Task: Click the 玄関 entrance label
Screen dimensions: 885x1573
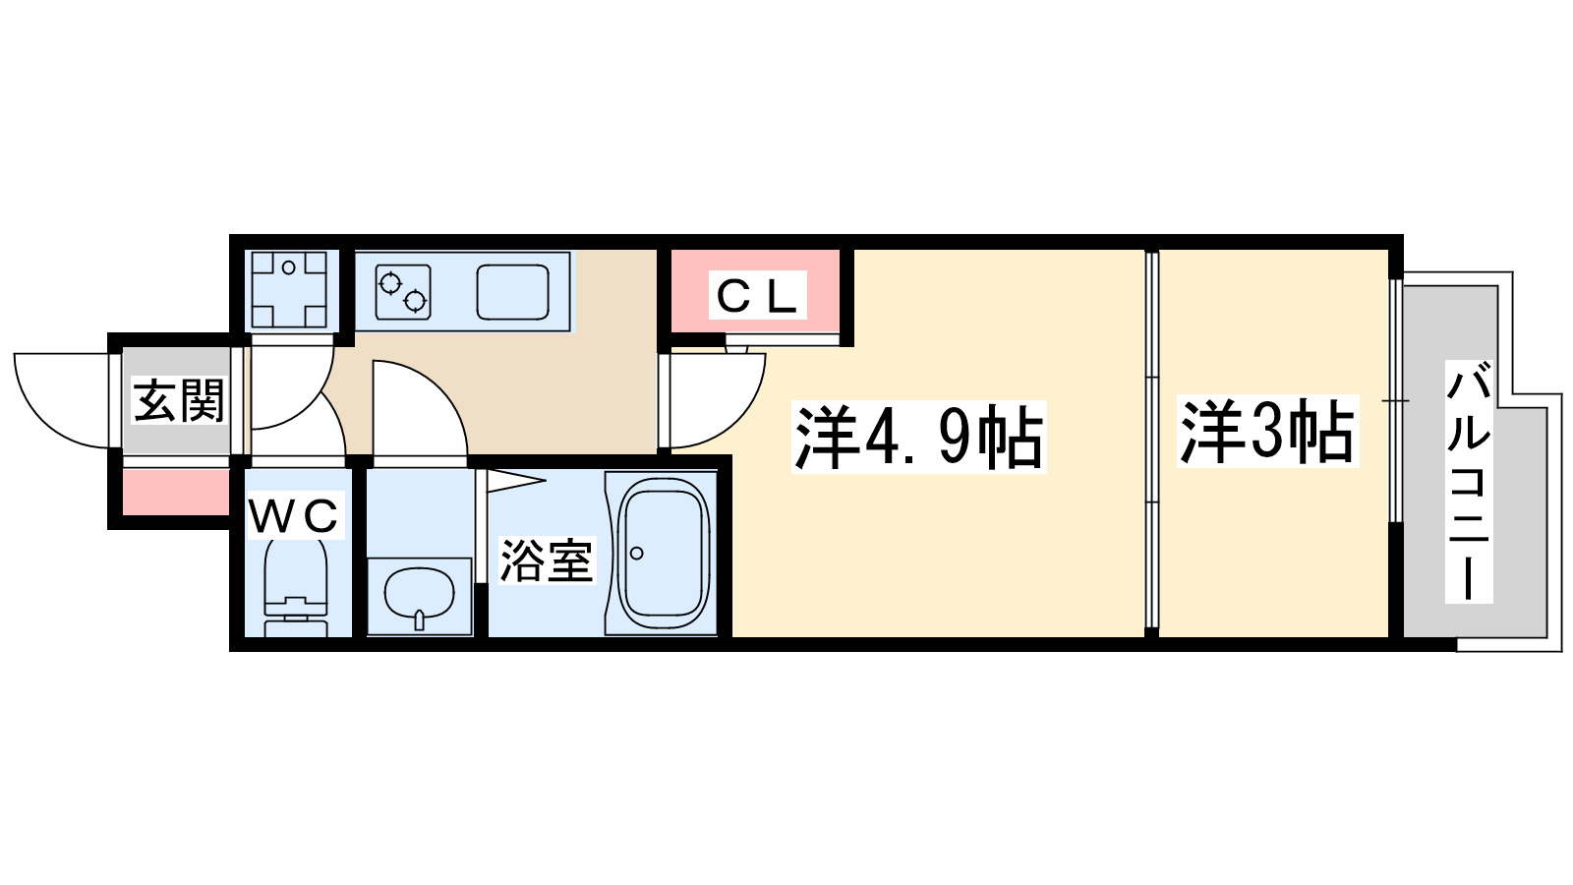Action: coord(178,400)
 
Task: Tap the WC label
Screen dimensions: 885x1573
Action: coord(294,516)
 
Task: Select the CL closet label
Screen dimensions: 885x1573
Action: coord(756,296)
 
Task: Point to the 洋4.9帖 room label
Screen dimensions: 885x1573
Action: coord(918,438)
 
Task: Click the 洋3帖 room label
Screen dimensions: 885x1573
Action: coord(1267,432)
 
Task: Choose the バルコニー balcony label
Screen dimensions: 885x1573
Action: coord(1469,482)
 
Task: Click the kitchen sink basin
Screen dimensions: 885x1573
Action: coord(512,292)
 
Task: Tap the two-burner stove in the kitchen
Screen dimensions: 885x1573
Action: coord(403,292)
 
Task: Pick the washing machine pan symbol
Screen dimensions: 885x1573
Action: coord(288,289)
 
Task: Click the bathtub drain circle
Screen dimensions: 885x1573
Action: coord(637,554)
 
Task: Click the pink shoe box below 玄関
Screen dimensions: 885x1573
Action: coord(175,492)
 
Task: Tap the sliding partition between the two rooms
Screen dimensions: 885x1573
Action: coord(1152,442)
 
